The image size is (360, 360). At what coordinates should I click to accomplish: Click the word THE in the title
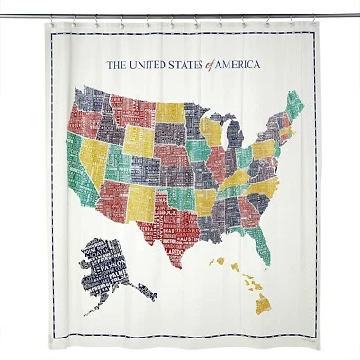(116, 65)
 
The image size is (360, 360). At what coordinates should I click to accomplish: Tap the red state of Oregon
(79, 121)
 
